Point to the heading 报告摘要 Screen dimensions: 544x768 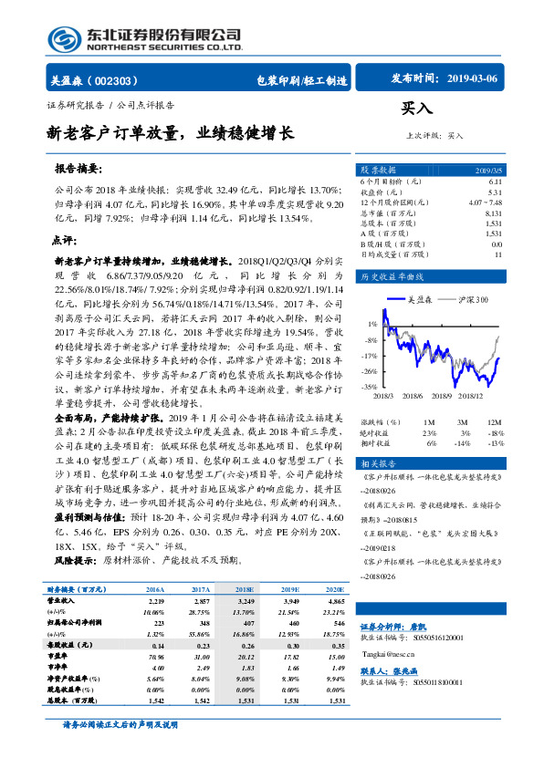coord(78,170)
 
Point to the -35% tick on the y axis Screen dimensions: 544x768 coord(369,387)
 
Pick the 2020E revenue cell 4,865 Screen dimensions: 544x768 coord(336,602)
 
